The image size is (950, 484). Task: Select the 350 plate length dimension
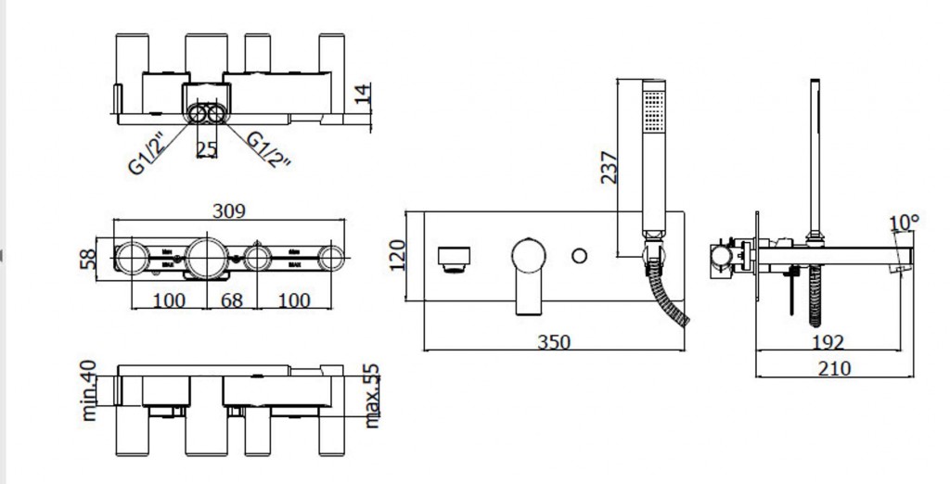click(553, 342)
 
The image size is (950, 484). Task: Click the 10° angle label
click(903, 223)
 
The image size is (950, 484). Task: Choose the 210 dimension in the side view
click(835, 367)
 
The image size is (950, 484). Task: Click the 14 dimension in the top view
click(364, 95)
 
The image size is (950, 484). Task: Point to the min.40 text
click(90, 390)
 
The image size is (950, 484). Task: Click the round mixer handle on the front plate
click(530, 256)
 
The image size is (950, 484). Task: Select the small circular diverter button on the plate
click(582, 255)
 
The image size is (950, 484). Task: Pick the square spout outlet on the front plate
click(454, 257)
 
